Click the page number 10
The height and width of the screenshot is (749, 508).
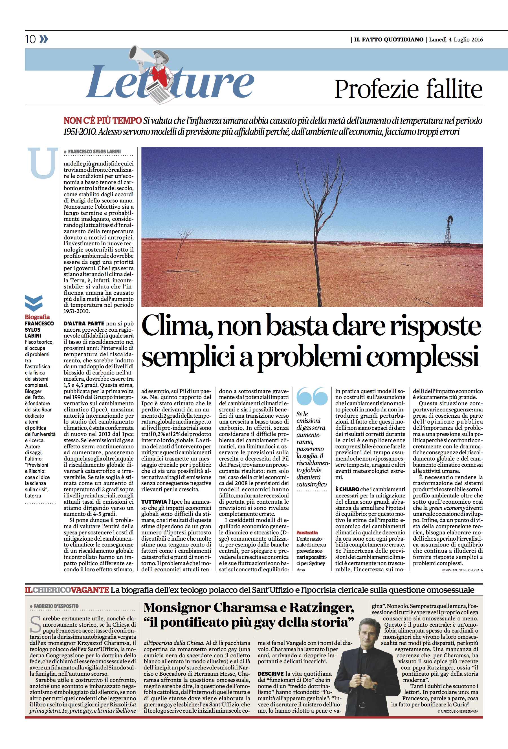pos(30,39)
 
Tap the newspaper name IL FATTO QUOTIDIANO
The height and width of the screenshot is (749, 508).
pos(388,40)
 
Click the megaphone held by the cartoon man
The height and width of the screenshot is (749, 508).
pos(138,54)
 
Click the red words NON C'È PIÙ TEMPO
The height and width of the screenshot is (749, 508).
pos(102,121)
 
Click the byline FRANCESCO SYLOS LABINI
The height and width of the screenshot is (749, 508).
pos(94,151)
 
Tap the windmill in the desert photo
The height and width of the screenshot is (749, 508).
pos(448,229)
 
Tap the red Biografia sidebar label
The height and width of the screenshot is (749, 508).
pos(38,317)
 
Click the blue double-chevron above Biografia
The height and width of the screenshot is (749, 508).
pos(34,303)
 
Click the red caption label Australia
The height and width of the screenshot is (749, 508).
pos(307,533)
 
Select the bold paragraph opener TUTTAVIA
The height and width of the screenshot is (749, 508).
pos(154,502)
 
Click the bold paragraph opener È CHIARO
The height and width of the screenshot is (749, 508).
pos(347,489)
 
